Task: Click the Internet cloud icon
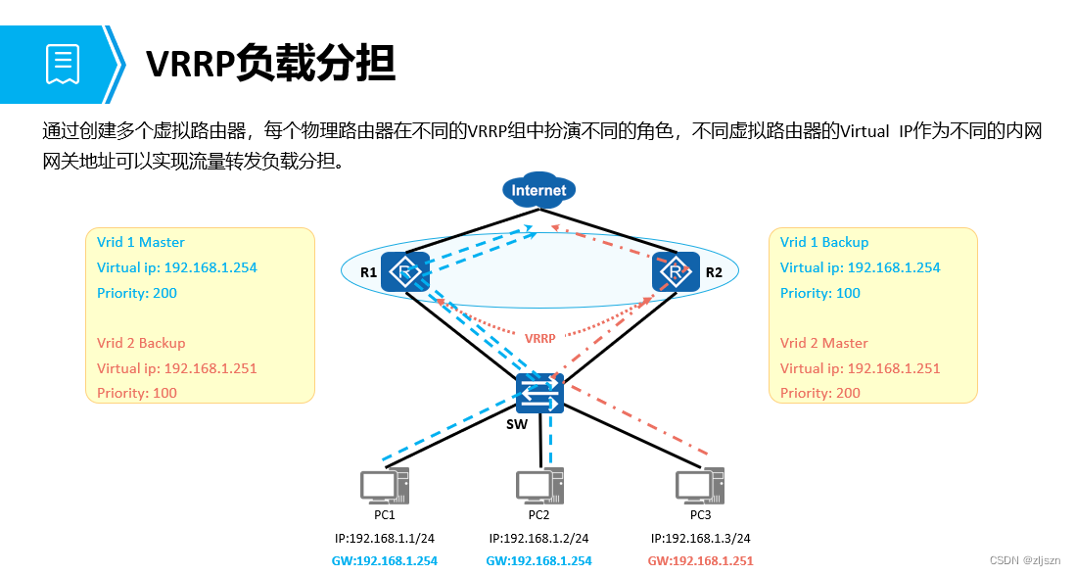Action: pos(537,190)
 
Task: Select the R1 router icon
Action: pos(405,271)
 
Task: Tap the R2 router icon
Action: pos(676,271)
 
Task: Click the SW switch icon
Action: pos(539,394)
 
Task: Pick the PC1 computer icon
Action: pos(383,486)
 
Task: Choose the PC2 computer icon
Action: pos(539,486)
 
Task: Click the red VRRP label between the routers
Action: pos(539,338)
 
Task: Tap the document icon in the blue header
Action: pos(62,64)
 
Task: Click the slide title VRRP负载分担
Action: pos(270,64)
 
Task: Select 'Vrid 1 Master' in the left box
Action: pos(141,242)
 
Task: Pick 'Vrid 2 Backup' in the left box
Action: pos(141,343)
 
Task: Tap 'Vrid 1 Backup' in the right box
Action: pos(824,242)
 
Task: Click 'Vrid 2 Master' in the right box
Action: pos(824,343)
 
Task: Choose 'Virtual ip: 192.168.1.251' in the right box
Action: pos(860,368)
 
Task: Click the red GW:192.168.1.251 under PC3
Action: pos(700,560)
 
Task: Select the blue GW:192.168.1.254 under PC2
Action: pos(538,560)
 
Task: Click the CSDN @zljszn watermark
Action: pos(1026,560)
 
